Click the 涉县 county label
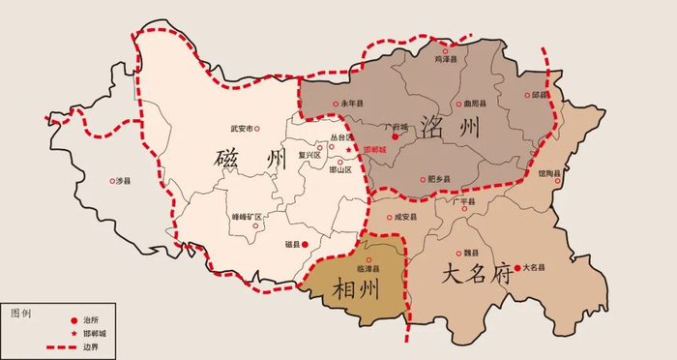[x=123, y=180]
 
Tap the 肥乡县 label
[x=442, y=179]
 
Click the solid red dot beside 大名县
[x=517, y=267]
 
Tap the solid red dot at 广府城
[x=395, y=136]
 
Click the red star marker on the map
[x=349, y=150]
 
